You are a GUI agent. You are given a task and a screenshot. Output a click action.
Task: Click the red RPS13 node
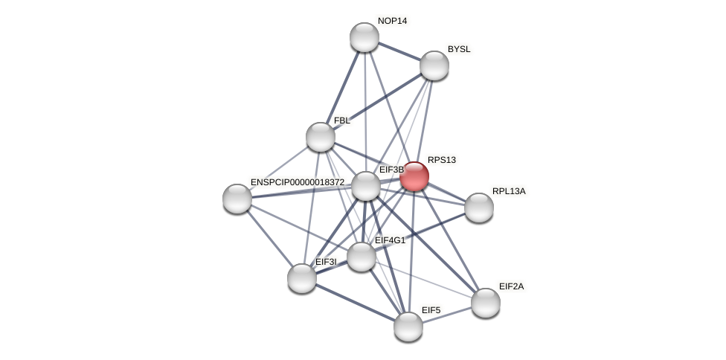coord(414,176)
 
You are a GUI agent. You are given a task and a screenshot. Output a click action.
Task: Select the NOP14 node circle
coord(364,37)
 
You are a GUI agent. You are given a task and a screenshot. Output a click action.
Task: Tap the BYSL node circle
coord(434,65)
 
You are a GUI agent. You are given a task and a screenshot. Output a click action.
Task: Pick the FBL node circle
coord(321,137)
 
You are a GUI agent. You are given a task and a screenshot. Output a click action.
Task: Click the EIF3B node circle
coord(366,186)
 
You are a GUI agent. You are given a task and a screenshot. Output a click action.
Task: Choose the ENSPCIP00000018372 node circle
coord(237,199)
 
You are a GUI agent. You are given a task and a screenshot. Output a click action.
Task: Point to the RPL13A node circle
coord(479,208)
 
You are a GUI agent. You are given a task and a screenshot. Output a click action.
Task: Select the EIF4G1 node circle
coord(362,257)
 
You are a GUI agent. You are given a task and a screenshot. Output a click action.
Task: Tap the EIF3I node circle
coord(302,278)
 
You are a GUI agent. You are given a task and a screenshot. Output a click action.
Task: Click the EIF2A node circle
coord(486,303)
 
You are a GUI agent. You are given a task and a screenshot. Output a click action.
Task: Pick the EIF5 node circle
coord(408,327)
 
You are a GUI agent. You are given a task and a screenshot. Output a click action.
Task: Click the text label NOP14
coord(392,21)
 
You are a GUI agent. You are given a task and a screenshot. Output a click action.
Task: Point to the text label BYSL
coord(459,49)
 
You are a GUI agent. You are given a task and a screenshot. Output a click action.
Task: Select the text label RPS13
coord(442,160)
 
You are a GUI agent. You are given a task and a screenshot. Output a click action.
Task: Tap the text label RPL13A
coord(509,191)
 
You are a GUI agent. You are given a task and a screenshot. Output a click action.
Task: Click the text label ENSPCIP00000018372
coord(298,182)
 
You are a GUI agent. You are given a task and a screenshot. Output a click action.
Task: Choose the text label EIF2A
coord(511,286)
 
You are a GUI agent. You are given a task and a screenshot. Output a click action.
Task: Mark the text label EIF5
coord(431,310)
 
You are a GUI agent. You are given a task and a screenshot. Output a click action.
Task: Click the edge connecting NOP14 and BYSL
coord(399,51)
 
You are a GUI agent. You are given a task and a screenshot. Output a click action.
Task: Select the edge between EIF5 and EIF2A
coord(447,315)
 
